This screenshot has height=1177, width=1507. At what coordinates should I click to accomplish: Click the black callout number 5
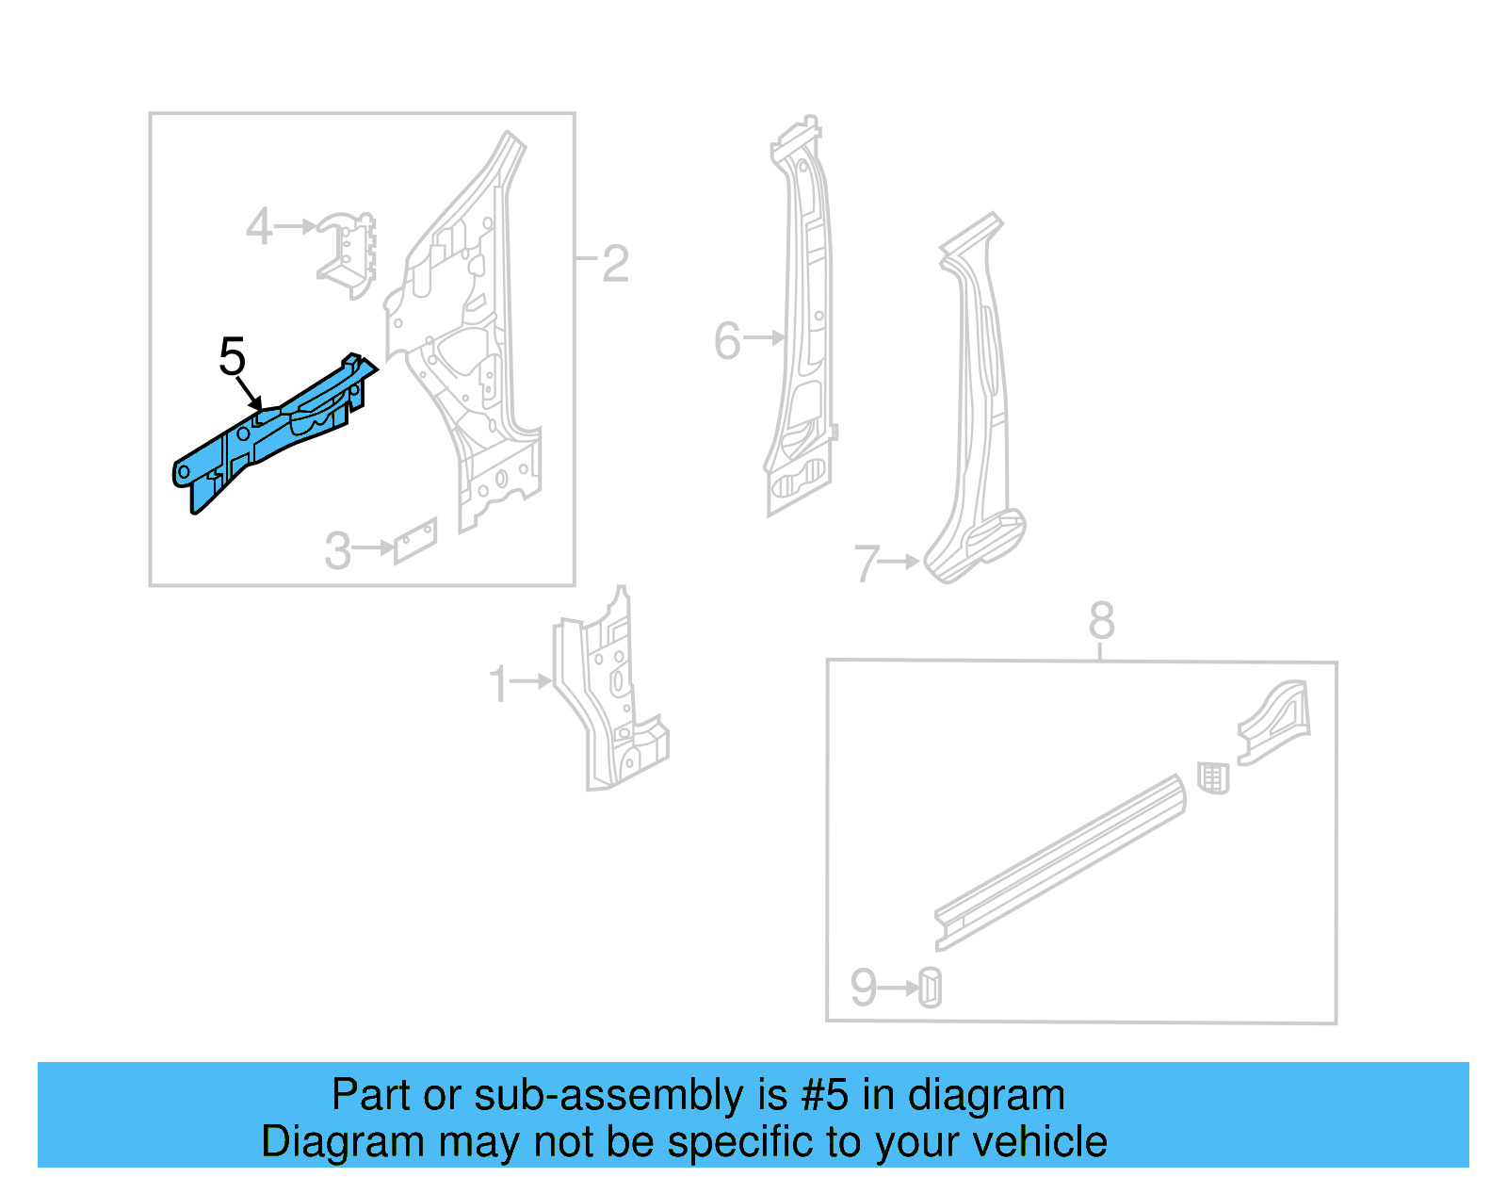click(232, 357)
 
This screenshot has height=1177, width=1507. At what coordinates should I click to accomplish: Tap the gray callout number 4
click(258, 227)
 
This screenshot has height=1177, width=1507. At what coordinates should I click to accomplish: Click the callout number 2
click(615, 264)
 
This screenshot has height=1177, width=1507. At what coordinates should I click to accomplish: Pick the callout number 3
click(337, 551)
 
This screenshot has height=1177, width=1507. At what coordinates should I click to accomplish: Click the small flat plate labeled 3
click(415, 540)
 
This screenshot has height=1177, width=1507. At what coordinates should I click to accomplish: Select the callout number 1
click(498, 684)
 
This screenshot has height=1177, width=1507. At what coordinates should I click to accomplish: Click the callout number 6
click(727, 340)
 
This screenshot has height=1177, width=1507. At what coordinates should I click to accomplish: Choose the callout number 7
click(867, 564)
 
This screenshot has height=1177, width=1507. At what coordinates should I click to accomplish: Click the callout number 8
click(1101, 621)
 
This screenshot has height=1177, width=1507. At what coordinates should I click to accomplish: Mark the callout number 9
click(863, 988)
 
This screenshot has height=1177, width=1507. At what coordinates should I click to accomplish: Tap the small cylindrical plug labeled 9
click(930, 988)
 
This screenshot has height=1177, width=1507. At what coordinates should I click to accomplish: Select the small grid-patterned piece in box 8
click(1213, 778)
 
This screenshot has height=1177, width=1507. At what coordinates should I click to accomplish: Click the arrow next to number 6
click(765, 337)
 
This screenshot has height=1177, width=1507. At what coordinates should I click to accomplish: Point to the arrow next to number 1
click(532, 680)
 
